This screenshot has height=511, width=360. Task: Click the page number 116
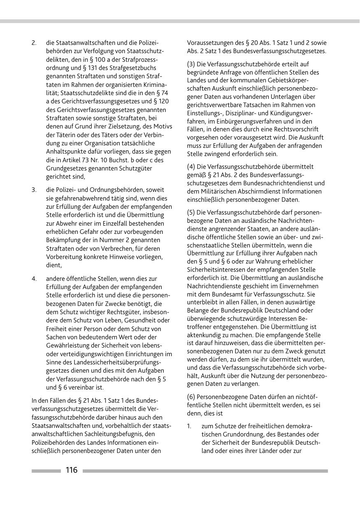(71, 470)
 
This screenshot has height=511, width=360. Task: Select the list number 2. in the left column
(34, 43)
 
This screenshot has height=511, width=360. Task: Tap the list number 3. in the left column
(34, 190)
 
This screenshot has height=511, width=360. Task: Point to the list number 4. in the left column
(34, 279)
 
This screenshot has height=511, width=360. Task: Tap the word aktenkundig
(205, 335)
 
